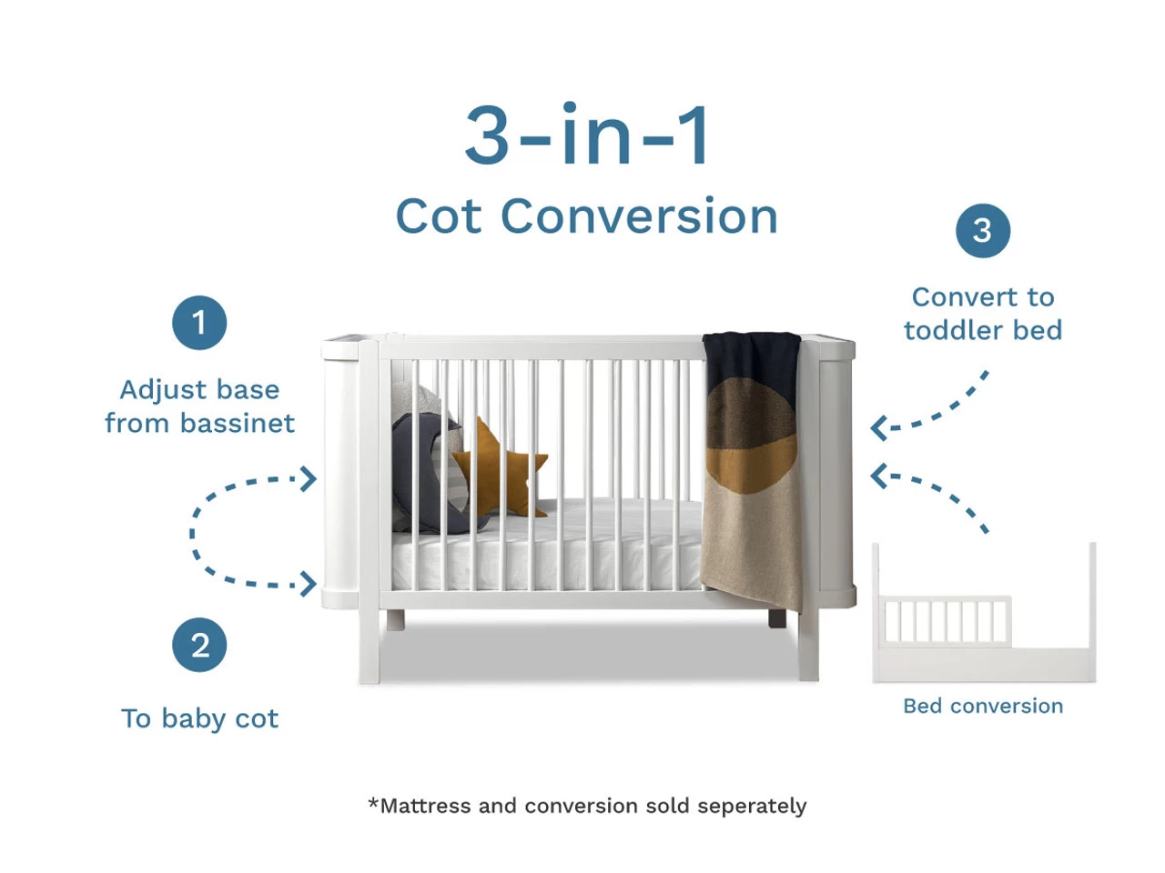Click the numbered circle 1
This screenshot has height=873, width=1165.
point(199,323)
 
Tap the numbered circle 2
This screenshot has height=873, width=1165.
point(199,646)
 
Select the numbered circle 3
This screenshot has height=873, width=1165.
point(982,231)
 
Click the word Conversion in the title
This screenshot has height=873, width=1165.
point(639,217)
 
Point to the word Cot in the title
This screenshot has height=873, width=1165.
point(438,217)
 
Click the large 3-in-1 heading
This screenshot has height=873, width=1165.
point(587,136)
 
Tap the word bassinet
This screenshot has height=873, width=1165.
point(237,424)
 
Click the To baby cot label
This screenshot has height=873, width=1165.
point(199,718)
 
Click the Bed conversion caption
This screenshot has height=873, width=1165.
point(982,707)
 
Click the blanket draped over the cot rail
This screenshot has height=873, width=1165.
point(753,464)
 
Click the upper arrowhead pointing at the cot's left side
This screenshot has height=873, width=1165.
point(310,478)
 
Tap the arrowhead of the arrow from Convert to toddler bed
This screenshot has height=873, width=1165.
point(877,427)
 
